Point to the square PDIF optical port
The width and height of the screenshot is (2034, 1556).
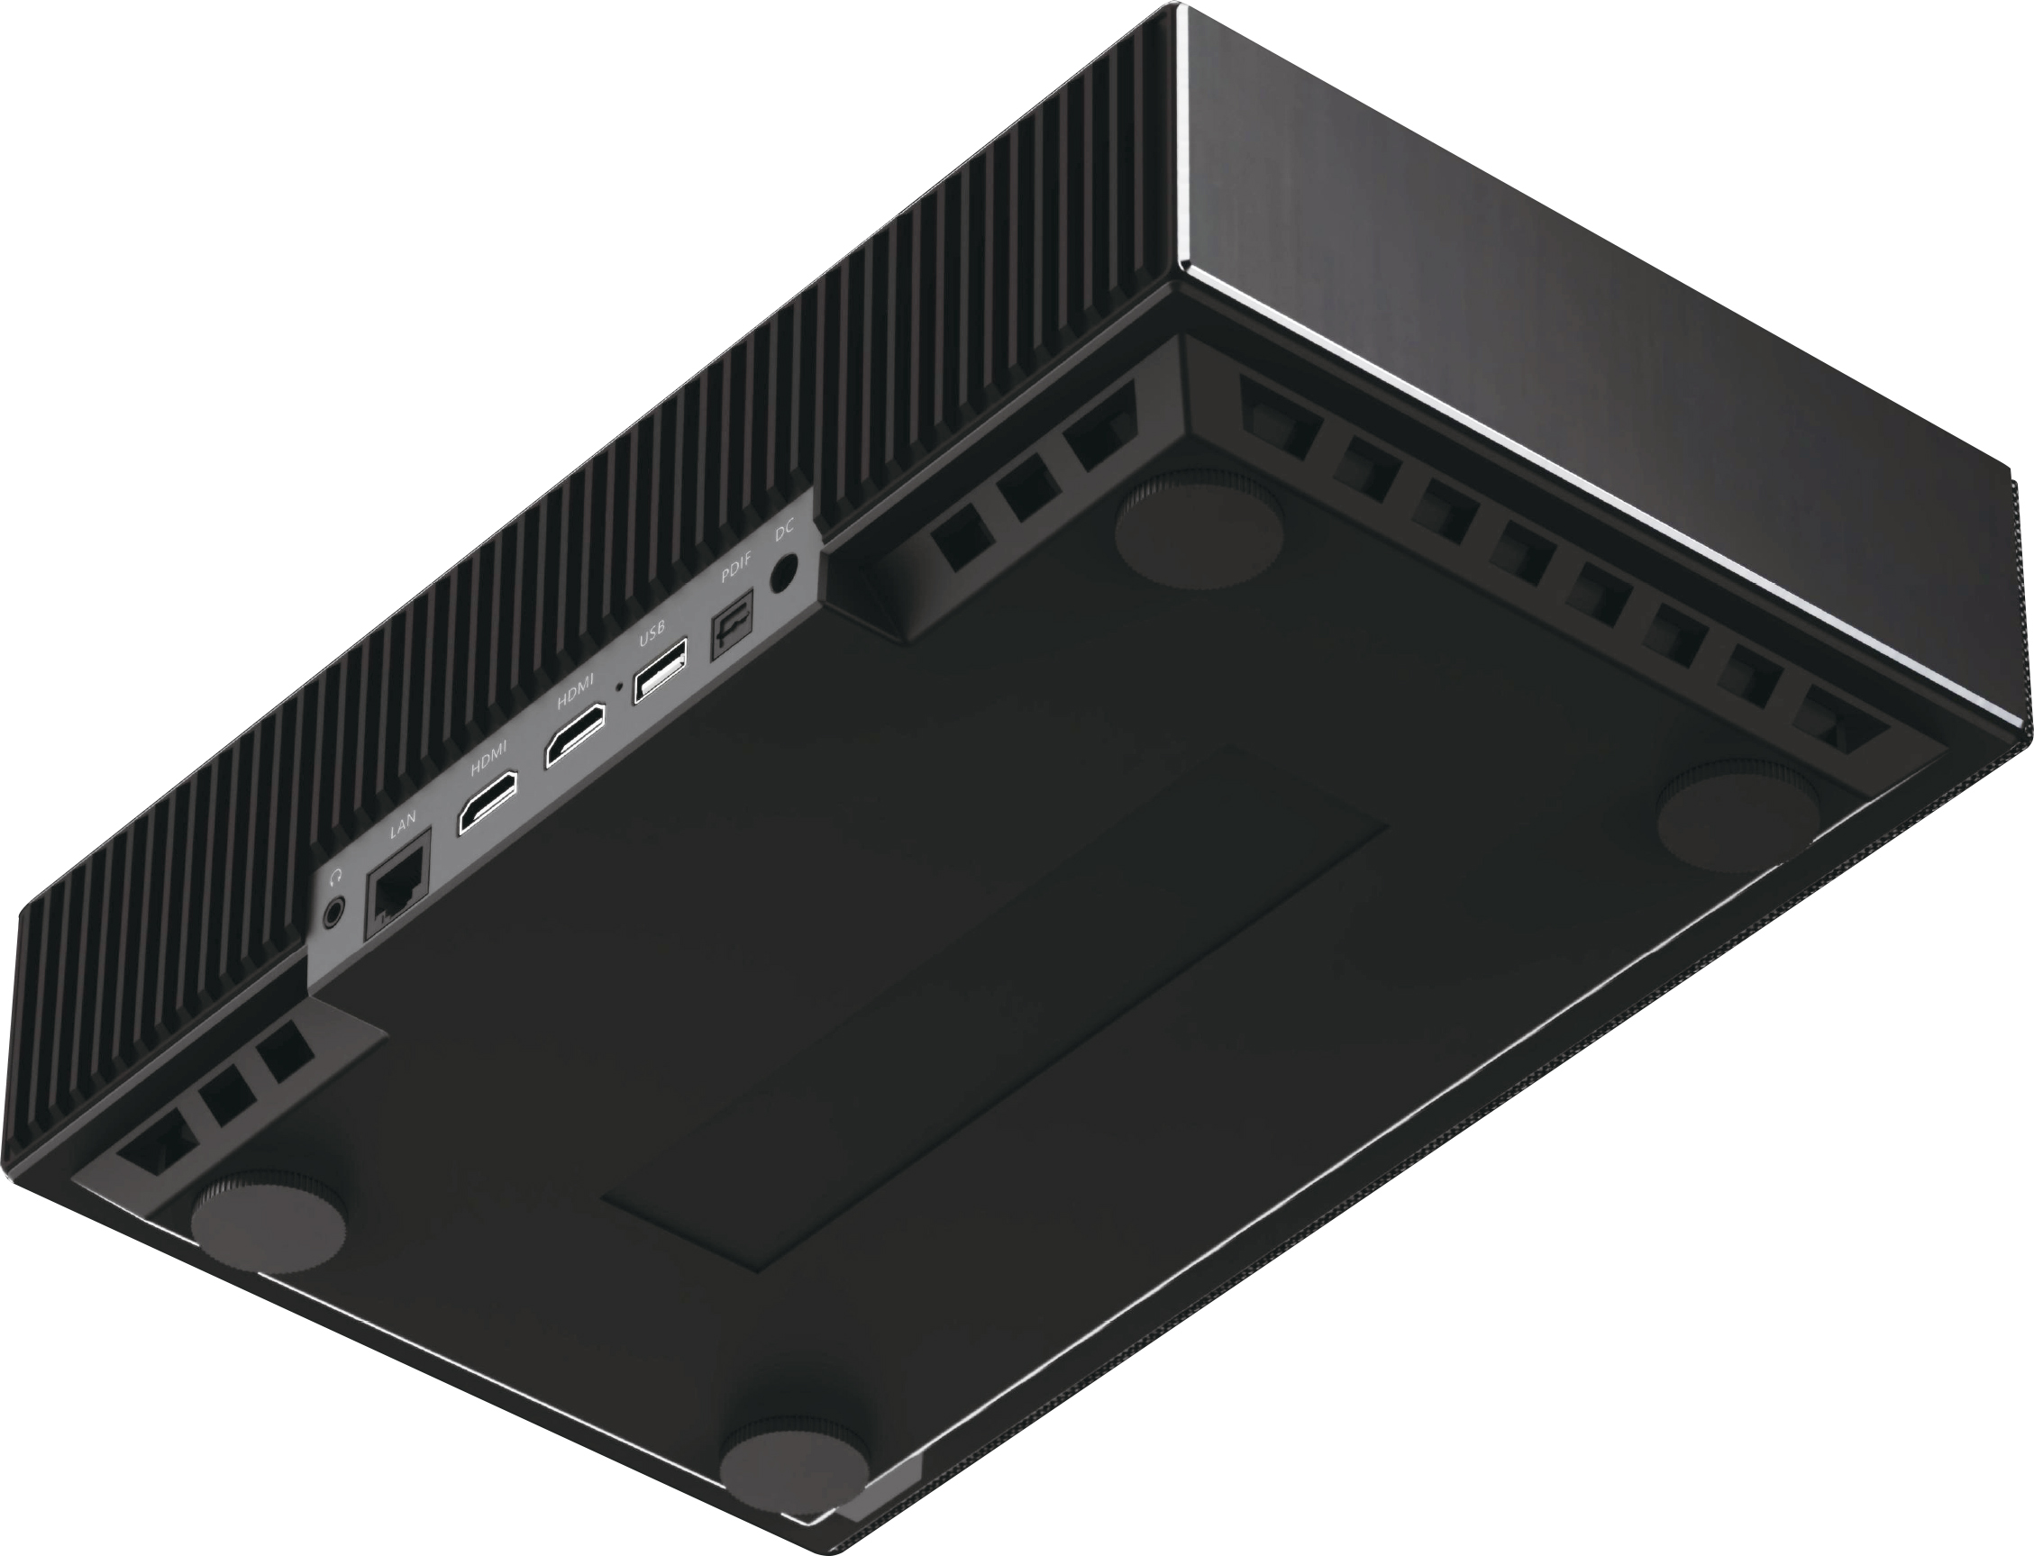coord(731,633)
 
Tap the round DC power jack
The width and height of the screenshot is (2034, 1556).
coord(784,572)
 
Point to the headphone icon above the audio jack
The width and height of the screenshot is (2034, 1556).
coord(337,875)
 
